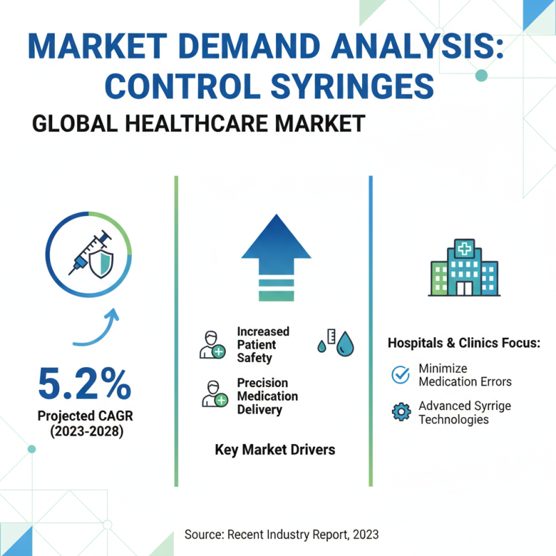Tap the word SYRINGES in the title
pyautogui.click(x=341, y=86)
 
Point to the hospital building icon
pyautogui.click(x=464, y=268)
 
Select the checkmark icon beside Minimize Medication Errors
pyautogui.click(x=401, y=375)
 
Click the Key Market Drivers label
pyautogui.click(x=275, y=450)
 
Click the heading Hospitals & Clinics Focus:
pyautogui.click(x=464, y=343)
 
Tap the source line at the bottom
pyautogui.click(x=281, y=534)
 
